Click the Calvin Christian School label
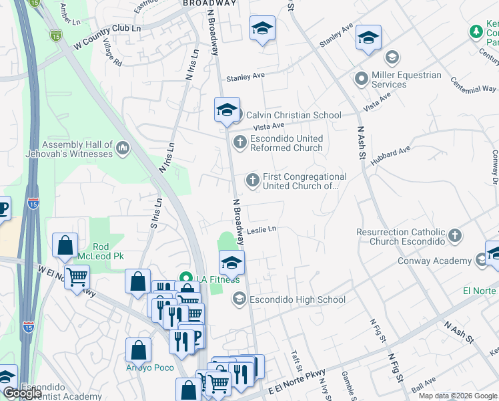(x=294, y=115)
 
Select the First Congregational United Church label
(x=304, y=181)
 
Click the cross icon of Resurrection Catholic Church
(x=454, y=235)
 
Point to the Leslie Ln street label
(x=262, y=230)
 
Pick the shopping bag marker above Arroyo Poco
(x=137, y=350)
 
